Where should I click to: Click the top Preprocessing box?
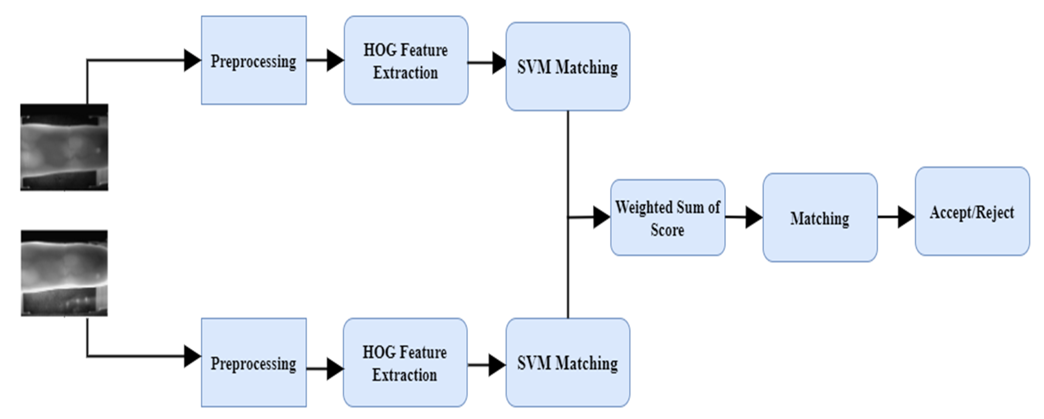tap(254, 60)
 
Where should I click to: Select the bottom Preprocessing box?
tap(254, 363)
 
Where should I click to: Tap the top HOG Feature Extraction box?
tap(406, 60)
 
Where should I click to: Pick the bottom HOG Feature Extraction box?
tap(405, 363)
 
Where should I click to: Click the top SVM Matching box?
tap(567, 67)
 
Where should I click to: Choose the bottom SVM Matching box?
tap(567, 363)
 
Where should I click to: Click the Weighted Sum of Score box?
tap(668, 217)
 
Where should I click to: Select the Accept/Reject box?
tap(972, 211)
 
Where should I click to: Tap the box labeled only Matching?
tap(819, 217)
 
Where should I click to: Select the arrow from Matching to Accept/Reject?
tap(896, 217)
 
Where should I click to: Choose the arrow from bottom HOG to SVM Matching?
tap(486, 365)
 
